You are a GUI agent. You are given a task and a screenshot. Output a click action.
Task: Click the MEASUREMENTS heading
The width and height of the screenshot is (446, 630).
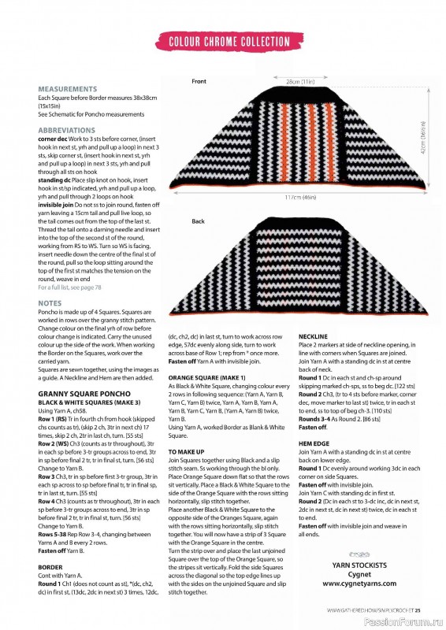(68, 90)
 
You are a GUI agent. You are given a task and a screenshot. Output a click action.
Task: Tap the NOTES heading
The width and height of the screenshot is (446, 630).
(50, 302)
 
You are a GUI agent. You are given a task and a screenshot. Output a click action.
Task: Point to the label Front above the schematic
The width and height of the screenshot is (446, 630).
(199, 82)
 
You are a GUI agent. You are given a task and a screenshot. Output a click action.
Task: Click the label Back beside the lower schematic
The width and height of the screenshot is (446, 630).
(198, 222)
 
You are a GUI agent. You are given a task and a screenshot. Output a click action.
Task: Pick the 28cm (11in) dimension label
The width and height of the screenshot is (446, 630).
(300, 81)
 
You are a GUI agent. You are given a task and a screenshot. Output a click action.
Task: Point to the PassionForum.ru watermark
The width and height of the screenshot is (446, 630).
(409, 621)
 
